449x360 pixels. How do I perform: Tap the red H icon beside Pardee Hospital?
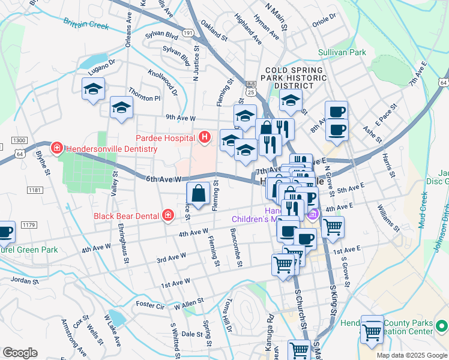click(205, 138)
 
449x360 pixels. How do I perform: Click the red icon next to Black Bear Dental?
click(168, 215)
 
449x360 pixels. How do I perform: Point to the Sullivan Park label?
click(342, 53)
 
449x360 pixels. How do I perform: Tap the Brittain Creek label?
click(86, 24)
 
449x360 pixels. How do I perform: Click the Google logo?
click(20, 353)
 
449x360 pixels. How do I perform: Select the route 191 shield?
click(188, 34)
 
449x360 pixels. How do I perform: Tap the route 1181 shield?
click(35, 190)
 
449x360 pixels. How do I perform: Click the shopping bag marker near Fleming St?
click(198, 194)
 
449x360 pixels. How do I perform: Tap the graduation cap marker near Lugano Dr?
click(93, 89)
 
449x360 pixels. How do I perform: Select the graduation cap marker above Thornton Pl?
click(121, 108)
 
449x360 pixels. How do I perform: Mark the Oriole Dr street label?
click(328, 22)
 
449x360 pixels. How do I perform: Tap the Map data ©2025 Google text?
click(411, 355)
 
